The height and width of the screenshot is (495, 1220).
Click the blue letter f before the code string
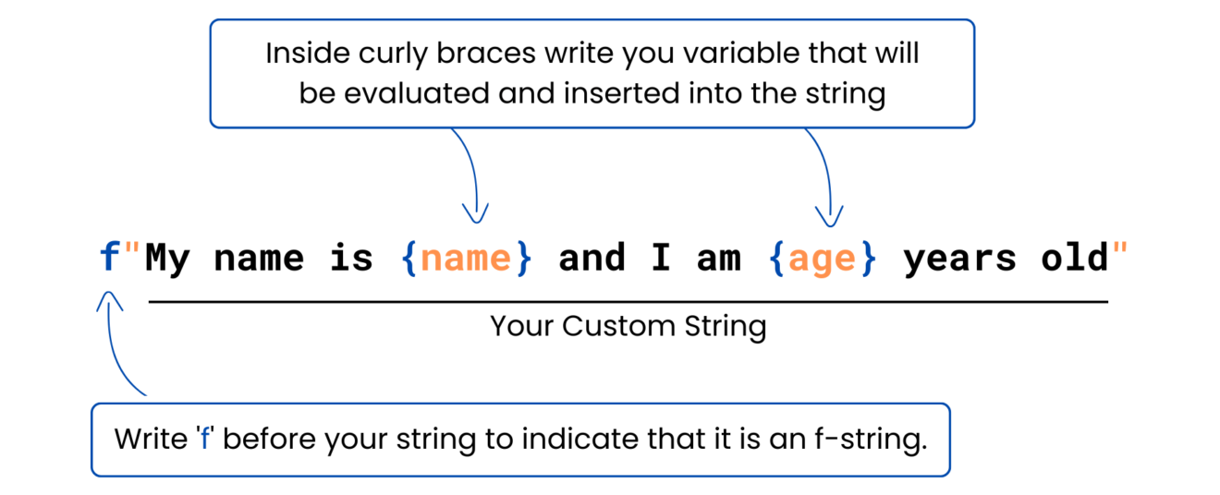[109, 256]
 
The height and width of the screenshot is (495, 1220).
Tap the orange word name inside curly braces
[466, 259]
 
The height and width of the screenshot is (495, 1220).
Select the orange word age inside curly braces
[822, 261]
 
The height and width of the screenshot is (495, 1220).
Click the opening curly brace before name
[409, 258]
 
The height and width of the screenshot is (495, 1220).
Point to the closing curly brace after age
[868, 258]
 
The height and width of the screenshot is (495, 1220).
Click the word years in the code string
[959, 260]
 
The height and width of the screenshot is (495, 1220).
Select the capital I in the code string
[661, 257]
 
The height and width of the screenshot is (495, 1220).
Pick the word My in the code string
[168, 260]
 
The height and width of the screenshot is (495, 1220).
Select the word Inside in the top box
[308, 54]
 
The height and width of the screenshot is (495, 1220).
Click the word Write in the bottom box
[151, 439]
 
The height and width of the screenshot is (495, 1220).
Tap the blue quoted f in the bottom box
[205, 438]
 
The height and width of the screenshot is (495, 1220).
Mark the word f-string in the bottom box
[871, 439]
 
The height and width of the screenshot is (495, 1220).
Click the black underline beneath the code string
[628, 301]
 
